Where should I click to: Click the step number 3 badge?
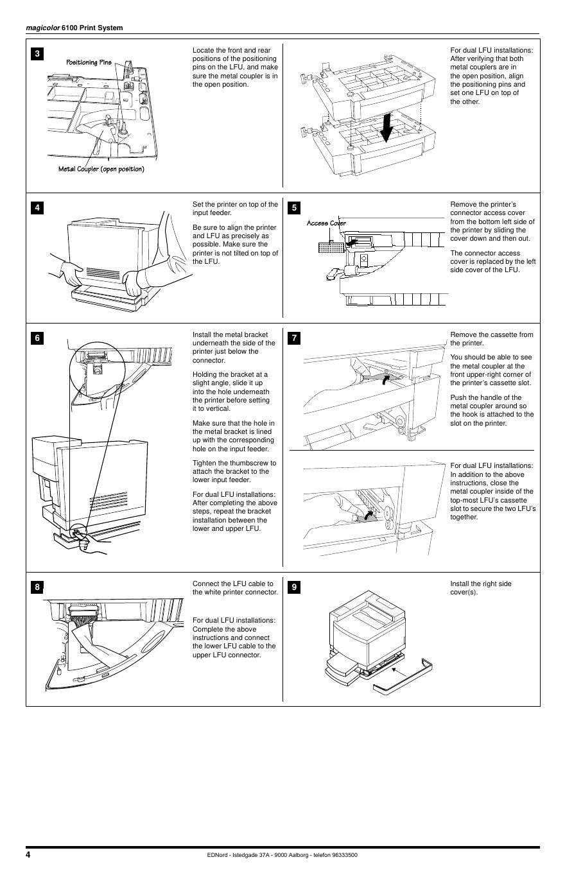37,54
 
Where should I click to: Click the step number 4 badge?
37,207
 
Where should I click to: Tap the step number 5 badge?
294,207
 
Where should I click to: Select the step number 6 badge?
37,338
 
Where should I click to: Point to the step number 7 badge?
294,338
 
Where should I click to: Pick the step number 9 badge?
294,587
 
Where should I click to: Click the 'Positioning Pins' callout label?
89,62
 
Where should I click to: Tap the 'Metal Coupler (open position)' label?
101,169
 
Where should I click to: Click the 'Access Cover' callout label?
326,223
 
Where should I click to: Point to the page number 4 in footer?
28,854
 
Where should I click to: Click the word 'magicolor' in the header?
42,28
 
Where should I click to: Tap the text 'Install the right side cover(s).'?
481,587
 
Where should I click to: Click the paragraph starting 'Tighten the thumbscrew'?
234,471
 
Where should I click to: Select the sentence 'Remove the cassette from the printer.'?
491,338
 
